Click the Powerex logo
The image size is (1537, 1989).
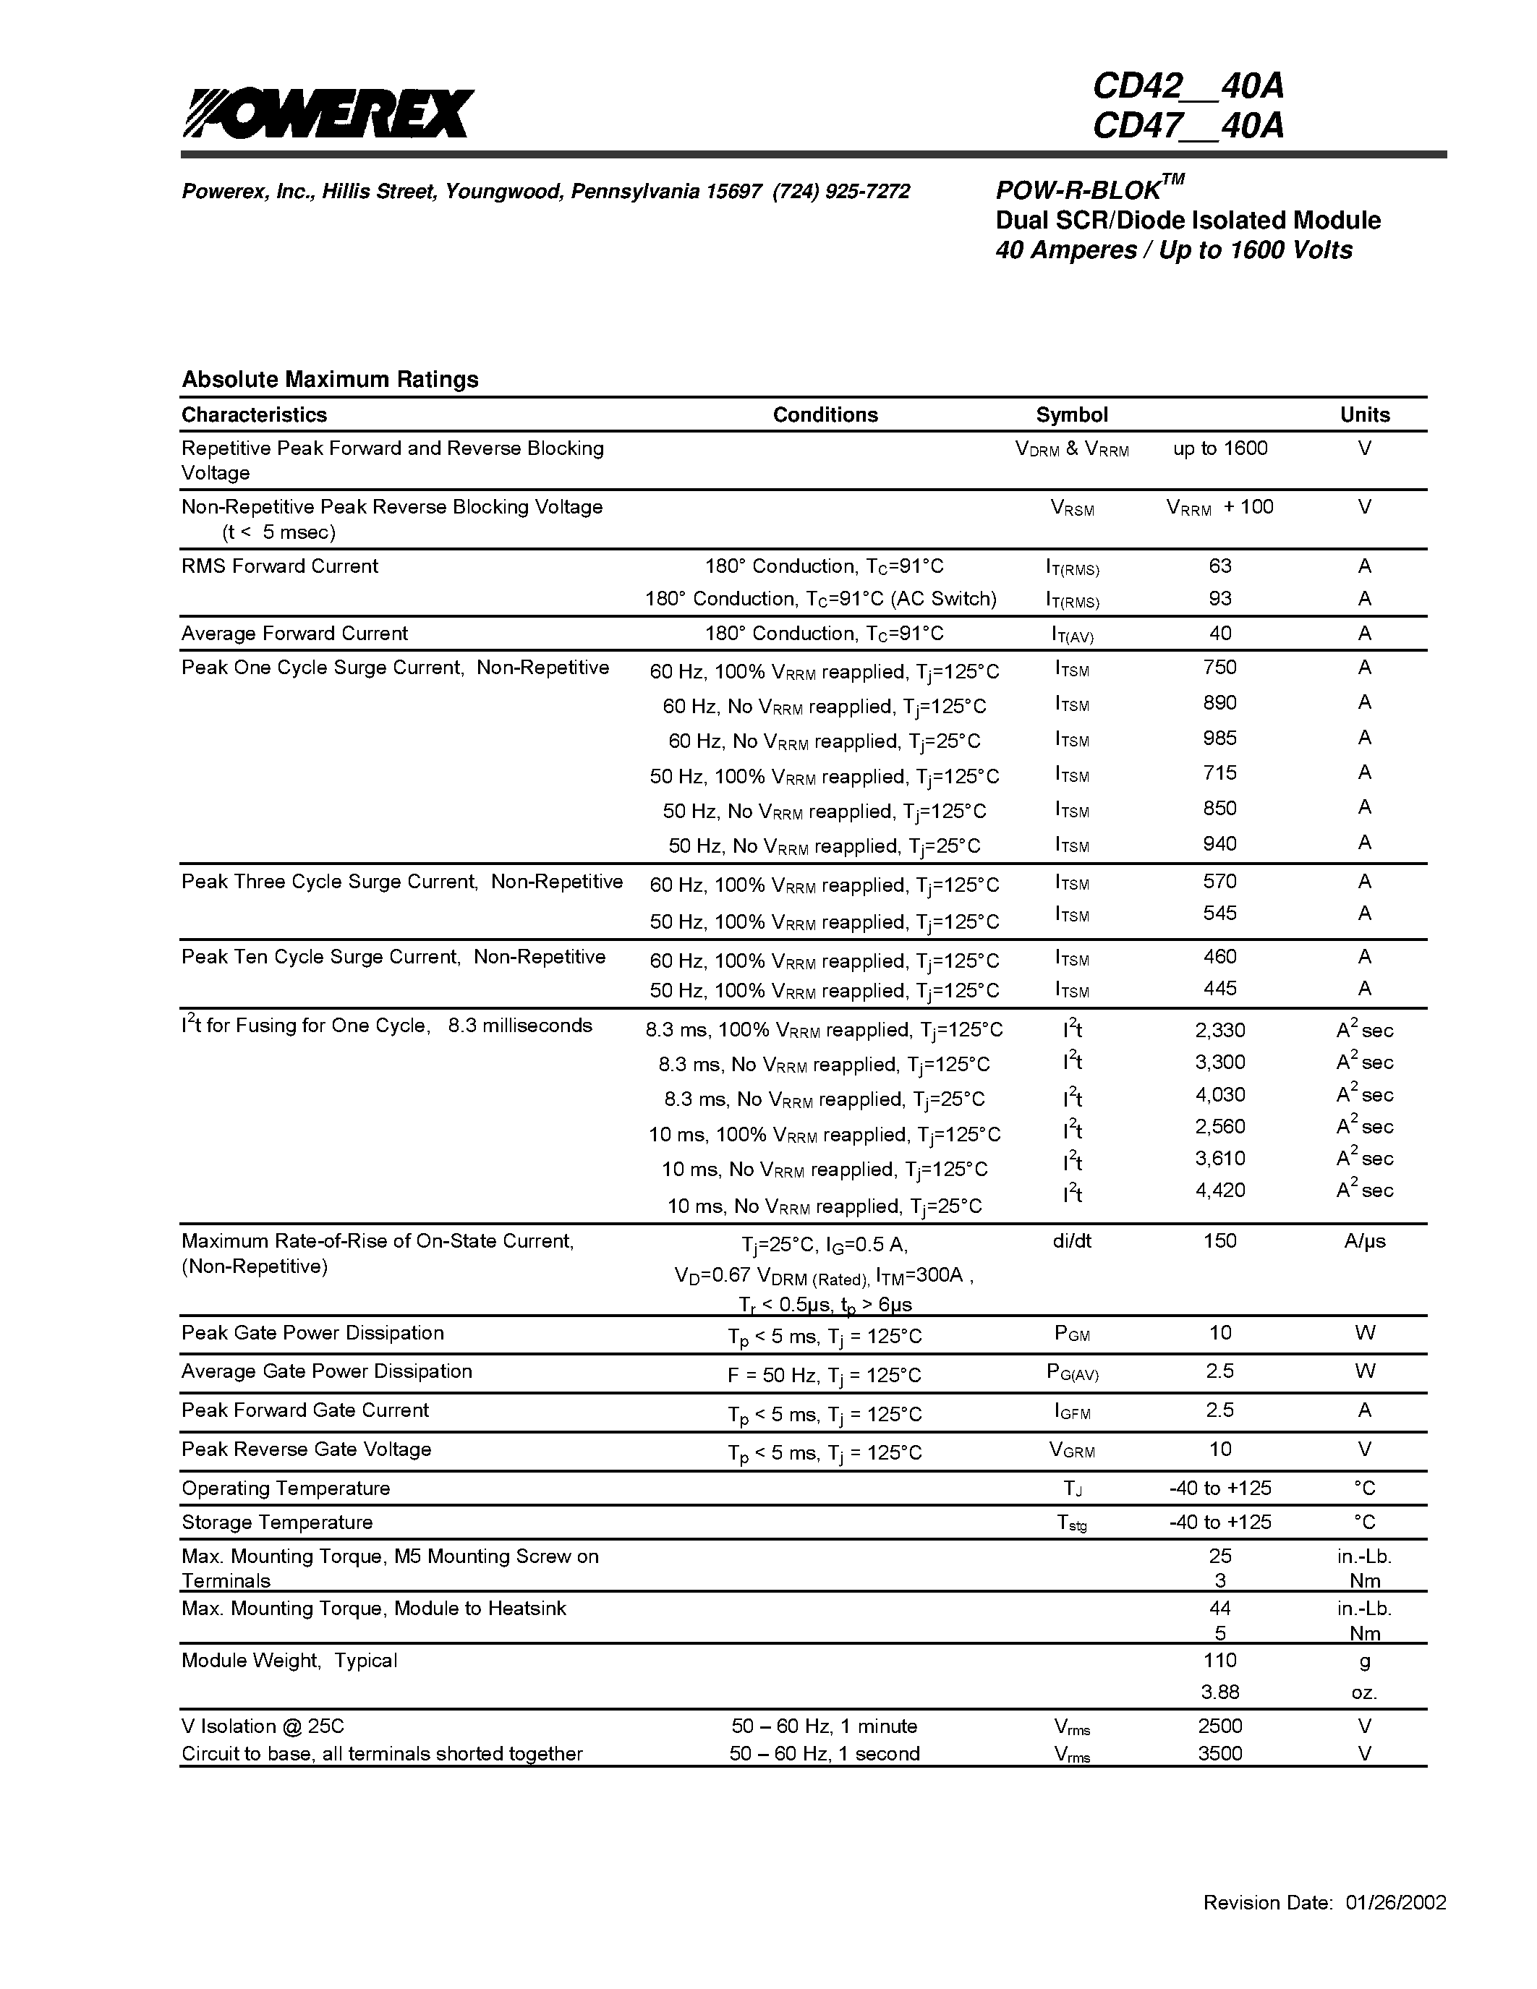[328, 114]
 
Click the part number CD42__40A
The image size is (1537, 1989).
[1188, 87]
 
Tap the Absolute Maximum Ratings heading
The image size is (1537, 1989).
[330, 379]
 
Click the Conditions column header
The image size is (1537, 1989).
[825, 415]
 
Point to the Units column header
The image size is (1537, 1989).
[1364, 415]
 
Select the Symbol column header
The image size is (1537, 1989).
[1072, 415]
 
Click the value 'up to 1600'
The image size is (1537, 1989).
[1219, 448]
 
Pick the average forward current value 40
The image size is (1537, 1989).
[1219, 633]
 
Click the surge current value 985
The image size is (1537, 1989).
[1219, 738]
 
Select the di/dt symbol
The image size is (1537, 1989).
[1072, 1240]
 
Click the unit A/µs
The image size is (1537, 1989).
[1364, 1240]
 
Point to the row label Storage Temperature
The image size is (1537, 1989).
[277, 1522]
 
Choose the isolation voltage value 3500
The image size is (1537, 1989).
[1219, 1753]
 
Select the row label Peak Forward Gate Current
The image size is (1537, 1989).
[305, 1410]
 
